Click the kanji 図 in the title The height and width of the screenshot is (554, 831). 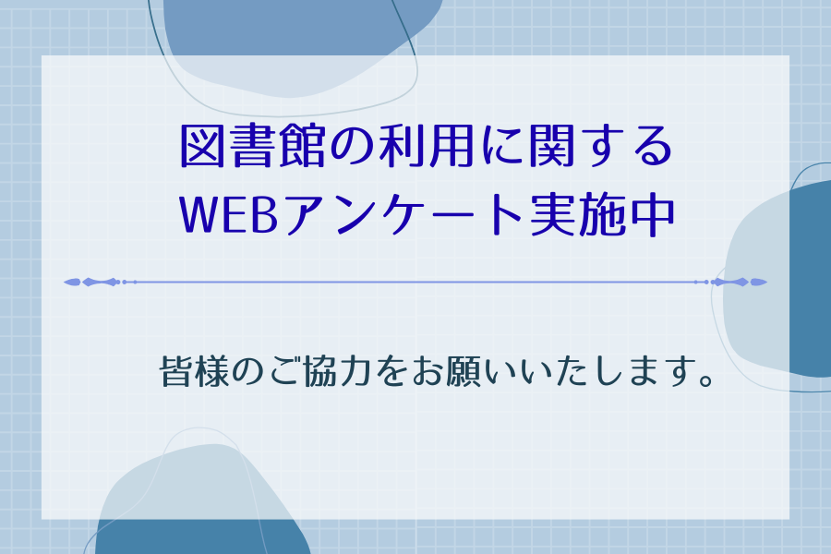[202, 146]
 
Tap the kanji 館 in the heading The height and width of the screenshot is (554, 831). [302, 146]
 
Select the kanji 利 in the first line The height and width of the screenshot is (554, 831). [402, 146]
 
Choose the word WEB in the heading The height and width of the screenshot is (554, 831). [229, 215]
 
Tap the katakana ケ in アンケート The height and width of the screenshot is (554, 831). [412, 215]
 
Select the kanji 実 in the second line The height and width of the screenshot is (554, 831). [552, 215]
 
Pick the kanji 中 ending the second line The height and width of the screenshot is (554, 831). [653, 215]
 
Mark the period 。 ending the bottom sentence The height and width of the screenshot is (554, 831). [707, 380]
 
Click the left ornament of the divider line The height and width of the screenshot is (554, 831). [100, 282]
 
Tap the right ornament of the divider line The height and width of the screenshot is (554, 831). [731, 282]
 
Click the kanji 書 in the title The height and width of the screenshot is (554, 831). [252, 146]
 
